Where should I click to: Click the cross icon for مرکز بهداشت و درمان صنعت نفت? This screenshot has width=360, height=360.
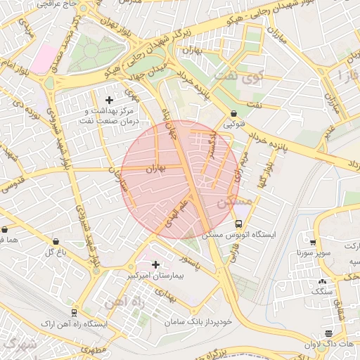click(x=109, y=101)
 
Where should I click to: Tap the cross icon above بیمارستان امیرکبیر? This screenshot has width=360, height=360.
click(x=155, y=264)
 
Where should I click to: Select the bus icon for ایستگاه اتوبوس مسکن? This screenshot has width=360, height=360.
click(x=238, y=224)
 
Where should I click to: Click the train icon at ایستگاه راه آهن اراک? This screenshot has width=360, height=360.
click(x=75, y=312)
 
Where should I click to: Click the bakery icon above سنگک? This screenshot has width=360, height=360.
click(x=322, y=281)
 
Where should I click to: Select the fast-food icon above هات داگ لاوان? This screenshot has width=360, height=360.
click(x=328, y=333)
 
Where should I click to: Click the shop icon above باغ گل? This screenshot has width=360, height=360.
click(x=56, y=241)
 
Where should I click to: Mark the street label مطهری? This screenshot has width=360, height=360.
click(x=92, y=349)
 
